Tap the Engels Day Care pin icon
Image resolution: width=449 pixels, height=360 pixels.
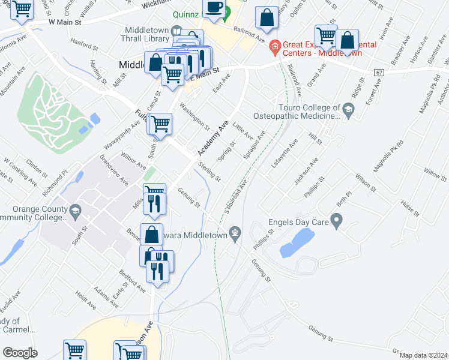pyautogui.click(x=337, y=222)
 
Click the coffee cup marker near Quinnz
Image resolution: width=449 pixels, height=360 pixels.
pyautogui.click(x=214, y=8)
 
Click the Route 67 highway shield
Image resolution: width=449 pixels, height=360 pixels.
pyautogui.click(x=378, y=72)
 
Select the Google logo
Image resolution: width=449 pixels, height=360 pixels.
pyautogui.click(x=20, y=352)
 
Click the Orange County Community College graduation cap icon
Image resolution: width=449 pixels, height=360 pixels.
pyautogui.click(x=75, y=211)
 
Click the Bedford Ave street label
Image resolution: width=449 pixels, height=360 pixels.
pyautogui.click(x=132, y=280)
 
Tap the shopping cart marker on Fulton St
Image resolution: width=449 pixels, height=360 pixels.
pyautogui.click(x=160, y=124)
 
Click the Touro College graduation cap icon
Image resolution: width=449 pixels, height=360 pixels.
pyautogui.click(x=349, y=109)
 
